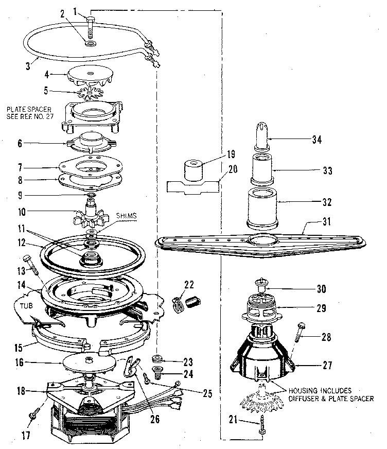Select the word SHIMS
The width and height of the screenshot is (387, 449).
click(126, 217)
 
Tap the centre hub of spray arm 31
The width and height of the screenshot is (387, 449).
click(263, 239)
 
